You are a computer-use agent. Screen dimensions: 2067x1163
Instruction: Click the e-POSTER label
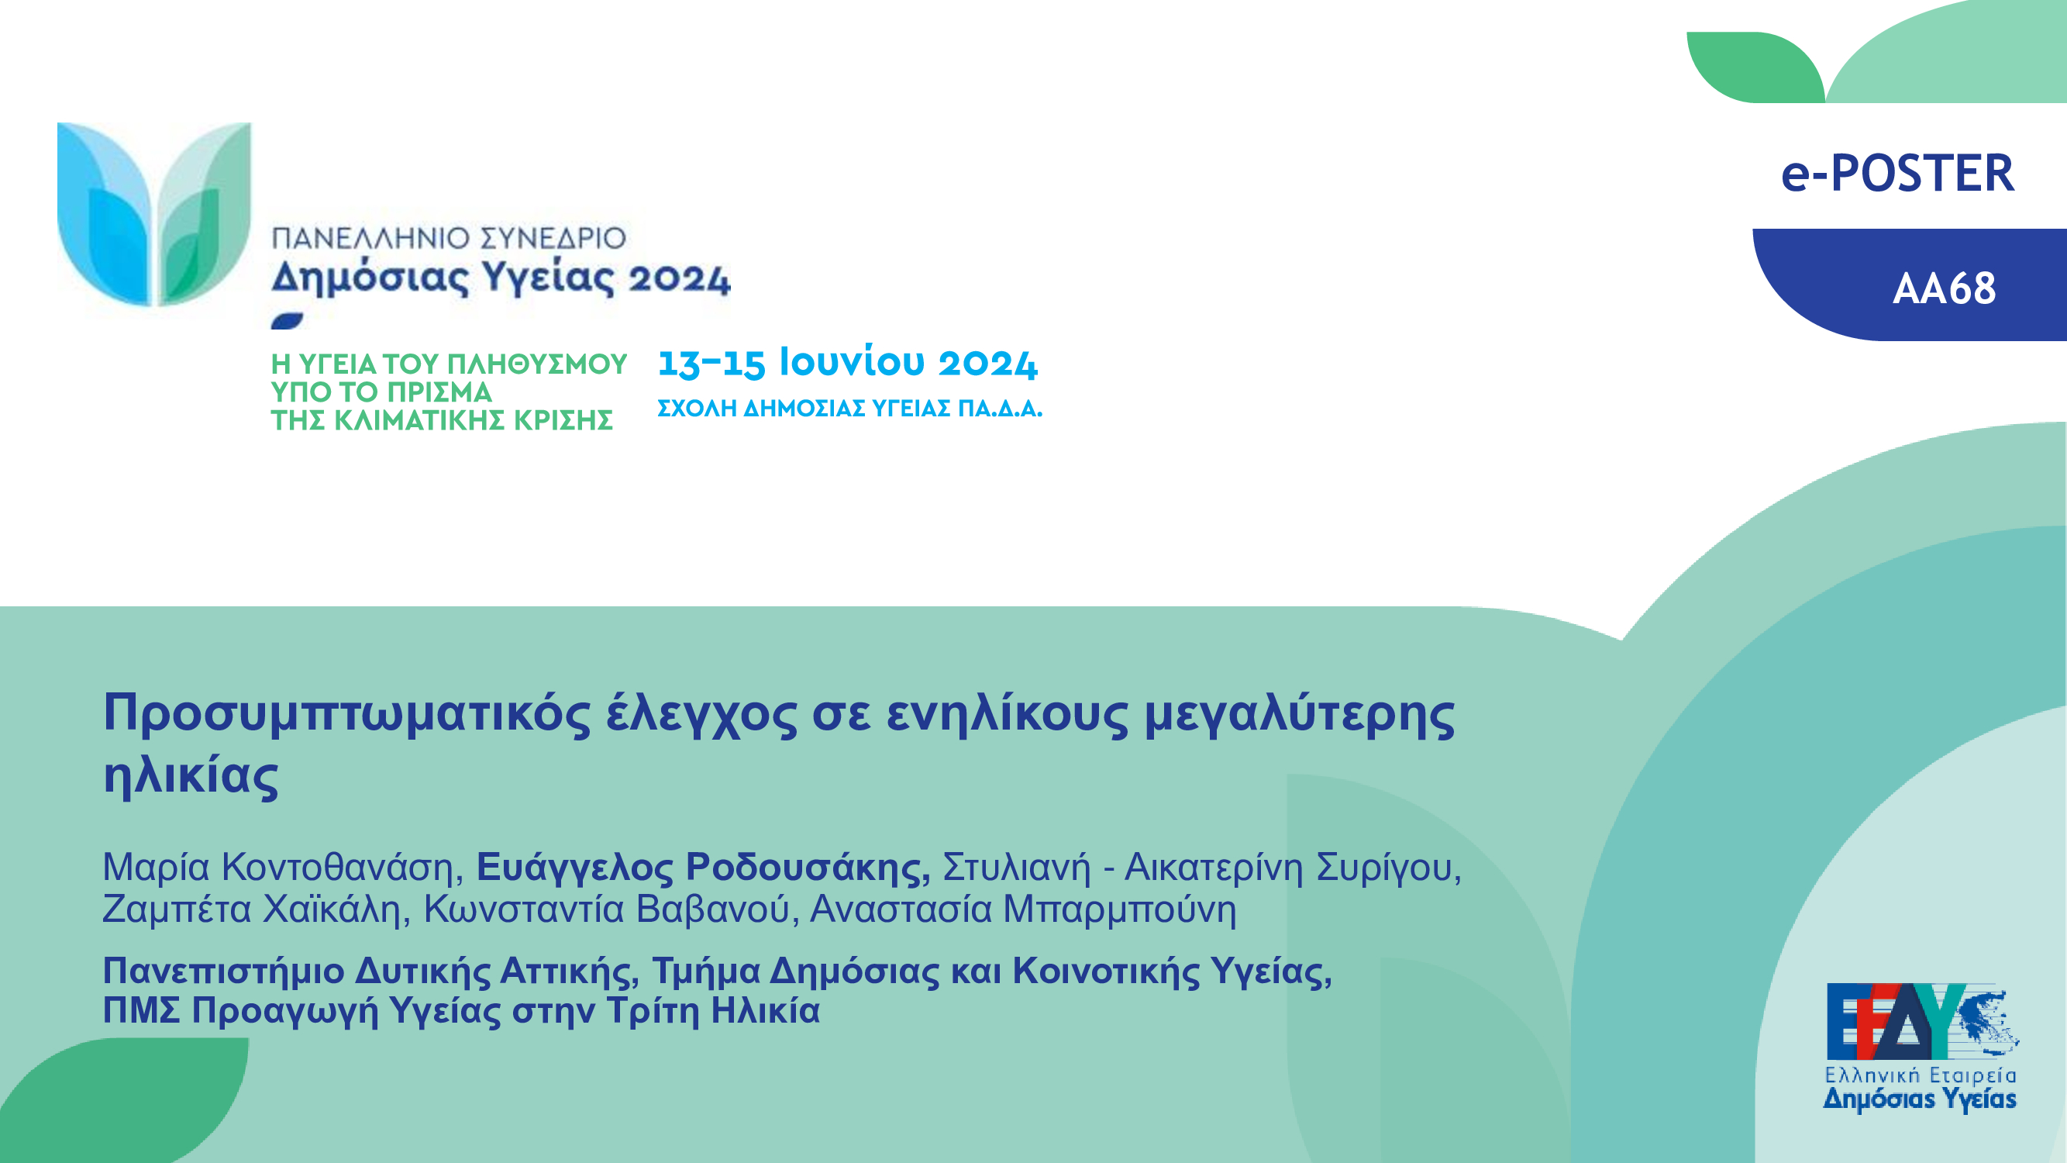click(x=1898, y=173)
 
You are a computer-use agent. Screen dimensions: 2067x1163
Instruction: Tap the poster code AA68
click(x=1945, y=289)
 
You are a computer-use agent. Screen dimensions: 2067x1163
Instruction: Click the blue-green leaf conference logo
click(x=154, y=214)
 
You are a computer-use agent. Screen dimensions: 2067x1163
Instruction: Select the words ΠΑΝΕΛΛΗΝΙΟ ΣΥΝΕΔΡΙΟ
click(x=449, y=238)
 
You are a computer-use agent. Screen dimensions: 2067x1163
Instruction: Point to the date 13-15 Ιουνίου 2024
click(x=847, y=362)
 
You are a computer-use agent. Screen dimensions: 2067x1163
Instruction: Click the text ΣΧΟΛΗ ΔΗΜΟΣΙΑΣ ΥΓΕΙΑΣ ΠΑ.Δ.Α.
click(x=849, y=409)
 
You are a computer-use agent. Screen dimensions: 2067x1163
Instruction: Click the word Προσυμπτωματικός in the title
click(x=347, y=713)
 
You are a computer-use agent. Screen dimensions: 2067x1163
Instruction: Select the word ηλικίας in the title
click(x=191, y=775)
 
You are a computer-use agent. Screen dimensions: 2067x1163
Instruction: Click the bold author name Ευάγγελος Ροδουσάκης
click(x=703, y=868)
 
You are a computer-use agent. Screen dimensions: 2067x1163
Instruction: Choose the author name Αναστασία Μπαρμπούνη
click(x=1023, y=909)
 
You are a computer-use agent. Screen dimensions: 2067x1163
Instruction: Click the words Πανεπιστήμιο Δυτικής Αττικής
click(x=370, y=971)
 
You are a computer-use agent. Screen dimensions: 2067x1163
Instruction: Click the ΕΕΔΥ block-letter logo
click(x=1923, y=1021)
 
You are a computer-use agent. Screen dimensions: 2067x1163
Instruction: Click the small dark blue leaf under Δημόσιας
click(x=288, y=321)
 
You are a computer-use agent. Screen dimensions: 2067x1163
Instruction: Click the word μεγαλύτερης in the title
click(x=1299, y=713)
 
